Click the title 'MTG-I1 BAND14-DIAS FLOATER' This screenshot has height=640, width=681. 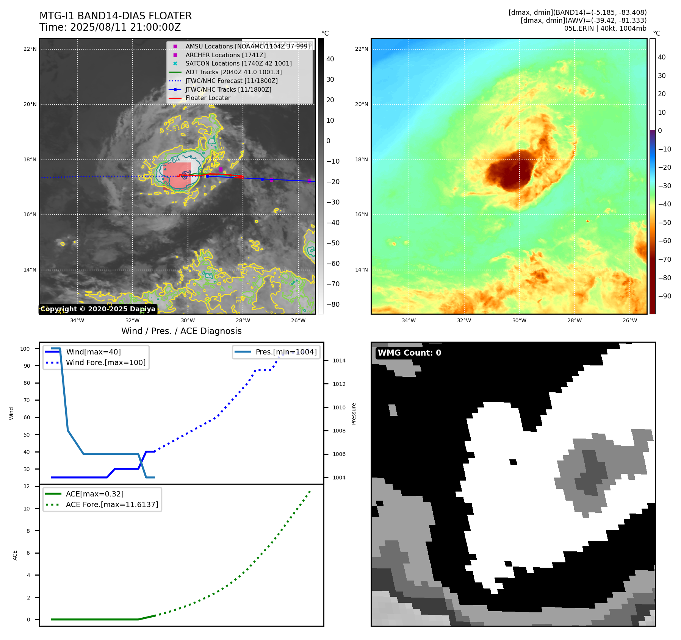click(x=116, y=16)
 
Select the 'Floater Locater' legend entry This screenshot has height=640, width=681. click(x=208, y=98)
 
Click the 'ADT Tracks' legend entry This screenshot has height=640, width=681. click(x=233, y=72)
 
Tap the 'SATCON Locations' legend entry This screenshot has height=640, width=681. click(x=238, y=63)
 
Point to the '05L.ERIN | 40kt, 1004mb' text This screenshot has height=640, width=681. click(x=605, y=28)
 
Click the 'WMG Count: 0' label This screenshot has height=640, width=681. click(x=409, y=353)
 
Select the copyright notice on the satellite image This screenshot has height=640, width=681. click(x=98, y=309)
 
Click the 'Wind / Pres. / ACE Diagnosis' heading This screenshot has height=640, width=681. click(x=181, y=331)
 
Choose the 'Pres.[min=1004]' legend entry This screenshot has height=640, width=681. click(x=286, y=352)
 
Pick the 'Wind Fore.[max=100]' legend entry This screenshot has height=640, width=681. click(x=106, y=362)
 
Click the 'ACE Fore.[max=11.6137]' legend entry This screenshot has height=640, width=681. click(x=112, y=504)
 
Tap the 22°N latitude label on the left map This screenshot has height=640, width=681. click(x=30, y=49)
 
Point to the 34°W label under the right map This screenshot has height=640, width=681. click(x=409, y=320)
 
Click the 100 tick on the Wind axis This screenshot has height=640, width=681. click(x=25, y=349)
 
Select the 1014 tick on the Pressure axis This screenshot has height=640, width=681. click(x=339, y=361)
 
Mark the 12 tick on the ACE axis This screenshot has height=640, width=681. click(x=27, y=486)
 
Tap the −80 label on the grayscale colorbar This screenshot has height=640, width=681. click(x=333, y=304)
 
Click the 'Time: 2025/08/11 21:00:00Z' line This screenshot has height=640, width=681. click(x=110, y=28)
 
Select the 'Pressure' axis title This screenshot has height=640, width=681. click(x=354, y=414)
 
